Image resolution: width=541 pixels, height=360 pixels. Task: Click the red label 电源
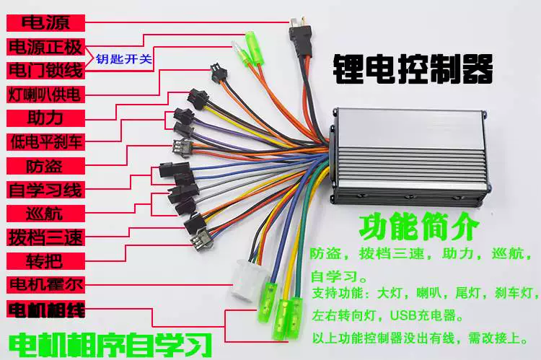(45, 23)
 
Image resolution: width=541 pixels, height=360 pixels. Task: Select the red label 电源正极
(45, 47)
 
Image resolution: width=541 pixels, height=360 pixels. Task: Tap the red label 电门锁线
(45, 71)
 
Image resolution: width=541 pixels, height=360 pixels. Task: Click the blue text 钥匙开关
(124, 59)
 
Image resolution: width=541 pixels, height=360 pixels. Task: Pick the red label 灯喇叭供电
(45, 95)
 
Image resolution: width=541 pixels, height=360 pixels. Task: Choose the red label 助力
(45, 118)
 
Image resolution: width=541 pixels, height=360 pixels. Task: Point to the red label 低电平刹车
(45, 142)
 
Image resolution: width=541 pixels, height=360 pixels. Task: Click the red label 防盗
(45, 166)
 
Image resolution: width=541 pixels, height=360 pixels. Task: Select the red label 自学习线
(45, 190)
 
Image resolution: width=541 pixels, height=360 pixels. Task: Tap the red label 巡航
(45, 214)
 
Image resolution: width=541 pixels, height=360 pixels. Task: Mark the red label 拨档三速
(45, 237)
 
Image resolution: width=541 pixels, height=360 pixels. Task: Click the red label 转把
(45, 261)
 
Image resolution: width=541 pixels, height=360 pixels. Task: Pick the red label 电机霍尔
(45, 285)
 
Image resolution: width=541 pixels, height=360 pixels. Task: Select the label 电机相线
(45, 309)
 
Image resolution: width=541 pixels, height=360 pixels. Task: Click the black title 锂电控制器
(413, 69)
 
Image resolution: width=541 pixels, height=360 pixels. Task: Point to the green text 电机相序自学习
(110, 344)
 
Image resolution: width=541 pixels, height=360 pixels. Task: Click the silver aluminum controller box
(409, 157)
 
